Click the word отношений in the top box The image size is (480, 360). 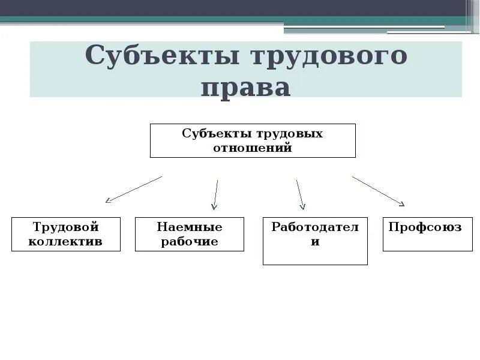pos(253,147)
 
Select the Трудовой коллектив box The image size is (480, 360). pos(66,234)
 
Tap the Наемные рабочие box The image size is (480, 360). pos(190,234)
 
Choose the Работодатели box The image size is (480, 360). pos(315,241)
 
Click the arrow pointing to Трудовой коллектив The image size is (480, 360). pos(134,189)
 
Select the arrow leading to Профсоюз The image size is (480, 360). pos(378,191)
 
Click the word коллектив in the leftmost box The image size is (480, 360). pos(66,242)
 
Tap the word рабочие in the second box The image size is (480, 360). pos(190,242)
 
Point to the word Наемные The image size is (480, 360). pos(190,227)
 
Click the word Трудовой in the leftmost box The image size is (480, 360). pos(66,227)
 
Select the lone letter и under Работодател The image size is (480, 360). pos(315,242)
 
